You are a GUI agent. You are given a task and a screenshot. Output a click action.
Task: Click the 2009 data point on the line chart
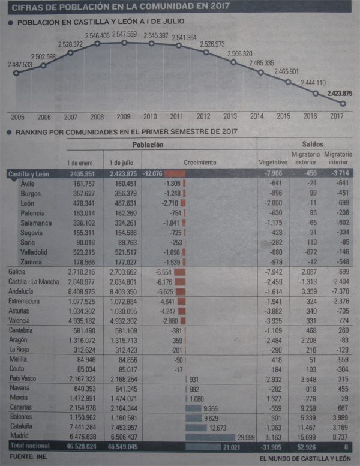124,43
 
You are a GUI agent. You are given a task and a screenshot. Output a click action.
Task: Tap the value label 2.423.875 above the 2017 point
340,93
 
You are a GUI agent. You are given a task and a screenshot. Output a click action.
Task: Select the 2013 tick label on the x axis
230,116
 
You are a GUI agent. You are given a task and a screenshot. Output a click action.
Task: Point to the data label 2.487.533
20,64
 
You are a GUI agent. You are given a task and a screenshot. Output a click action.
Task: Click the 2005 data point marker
16,73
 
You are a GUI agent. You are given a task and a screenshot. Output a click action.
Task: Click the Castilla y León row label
29,174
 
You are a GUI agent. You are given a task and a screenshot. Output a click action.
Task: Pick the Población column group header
148,145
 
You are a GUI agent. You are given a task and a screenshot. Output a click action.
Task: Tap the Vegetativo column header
273,163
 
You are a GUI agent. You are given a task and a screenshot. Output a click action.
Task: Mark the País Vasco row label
23,378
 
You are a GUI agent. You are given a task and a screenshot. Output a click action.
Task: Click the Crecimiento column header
200,163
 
